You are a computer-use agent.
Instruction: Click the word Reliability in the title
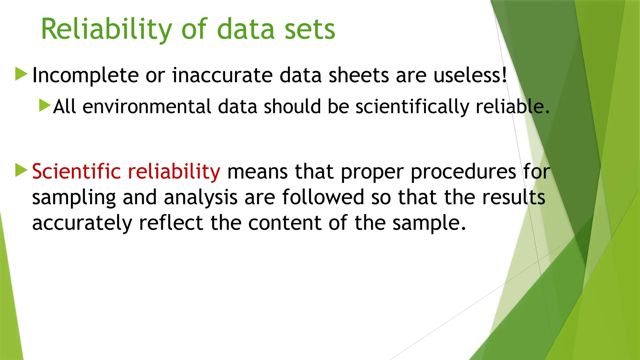coord(106,29)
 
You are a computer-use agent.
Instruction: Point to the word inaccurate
coord(222,76)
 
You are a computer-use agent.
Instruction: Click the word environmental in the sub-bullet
coord(147,107)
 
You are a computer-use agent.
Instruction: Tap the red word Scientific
coord(76,172)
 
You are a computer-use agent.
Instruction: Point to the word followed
coord(323,197)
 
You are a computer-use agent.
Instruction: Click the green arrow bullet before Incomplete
coord(21,74)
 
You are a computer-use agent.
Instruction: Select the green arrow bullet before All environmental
coord(45,105)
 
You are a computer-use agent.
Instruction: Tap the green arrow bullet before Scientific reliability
coord(21,170)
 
